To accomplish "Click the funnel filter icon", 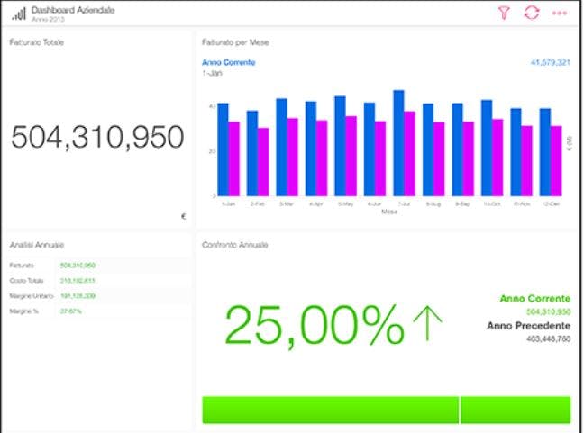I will [505, 13].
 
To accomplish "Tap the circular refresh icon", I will [532, 13].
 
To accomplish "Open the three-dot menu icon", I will [560, 14].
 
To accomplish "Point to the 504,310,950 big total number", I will [97, 137].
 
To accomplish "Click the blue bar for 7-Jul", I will [398, 142].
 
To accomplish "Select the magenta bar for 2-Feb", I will [263, 161].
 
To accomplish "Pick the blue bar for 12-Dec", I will [544, 151].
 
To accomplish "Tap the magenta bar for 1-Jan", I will [233, 158].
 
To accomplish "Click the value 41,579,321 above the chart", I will [550, 62].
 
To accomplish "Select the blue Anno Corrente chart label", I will [229, 62].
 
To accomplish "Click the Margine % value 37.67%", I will [71, 311].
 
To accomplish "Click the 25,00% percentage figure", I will [314, 325].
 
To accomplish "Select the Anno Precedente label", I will [528, 325].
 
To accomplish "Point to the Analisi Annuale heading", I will [37, 245].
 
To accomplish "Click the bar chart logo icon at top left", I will [18, 14].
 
